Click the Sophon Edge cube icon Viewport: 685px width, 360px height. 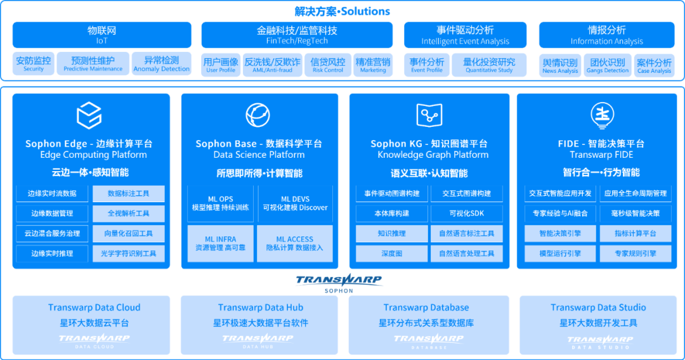coord(89,115)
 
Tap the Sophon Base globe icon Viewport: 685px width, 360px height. coord(258,115)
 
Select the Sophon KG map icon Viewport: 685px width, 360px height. coord(429,115)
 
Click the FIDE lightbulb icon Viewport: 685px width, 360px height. coord(601,115)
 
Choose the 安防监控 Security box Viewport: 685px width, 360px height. coord(34,64)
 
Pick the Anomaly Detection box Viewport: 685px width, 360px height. coord(162,64)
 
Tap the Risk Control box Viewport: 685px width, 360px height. coord(328,65)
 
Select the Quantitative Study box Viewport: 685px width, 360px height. coord(489,65)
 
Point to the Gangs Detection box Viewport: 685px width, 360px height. coord(608,65)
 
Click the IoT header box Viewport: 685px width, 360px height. coord(102,35)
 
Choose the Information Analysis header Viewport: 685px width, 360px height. coord(607,35)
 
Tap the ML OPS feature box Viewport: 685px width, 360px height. coord(221,203)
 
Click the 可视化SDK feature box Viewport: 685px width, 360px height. coord(466,214)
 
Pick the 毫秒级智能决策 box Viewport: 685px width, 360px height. coord(635,214)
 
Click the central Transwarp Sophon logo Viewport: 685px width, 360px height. coord(339,281)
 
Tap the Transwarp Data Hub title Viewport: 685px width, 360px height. coord(261,307)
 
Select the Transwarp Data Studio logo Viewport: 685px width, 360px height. coord(599,342)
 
